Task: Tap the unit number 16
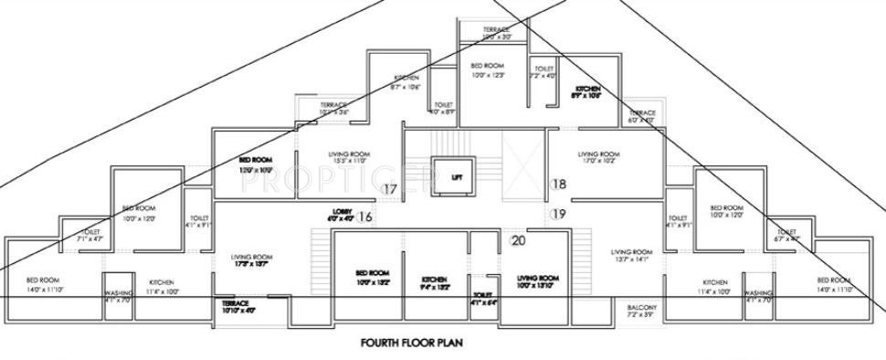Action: coord(365,217)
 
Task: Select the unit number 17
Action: coord(390,190)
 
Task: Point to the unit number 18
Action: coord(560,184)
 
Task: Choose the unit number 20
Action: coord(519,240)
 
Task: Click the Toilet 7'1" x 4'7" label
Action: coord(90,236)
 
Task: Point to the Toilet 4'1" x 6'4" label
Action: coord(483,298)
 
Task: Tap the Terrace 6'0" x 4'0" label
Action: coord(642,115)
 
